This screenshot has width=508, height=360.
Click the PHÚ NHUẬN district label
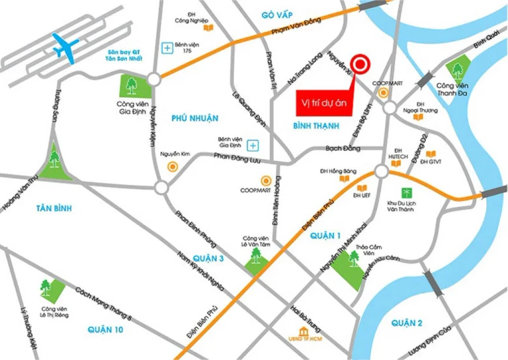[x=194, y=118]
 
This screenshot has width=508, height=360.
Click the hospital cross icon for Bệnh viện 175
[x=168, y=47]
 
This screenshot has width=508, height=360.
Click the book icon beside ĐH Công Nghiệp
[x=208, y=28]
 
